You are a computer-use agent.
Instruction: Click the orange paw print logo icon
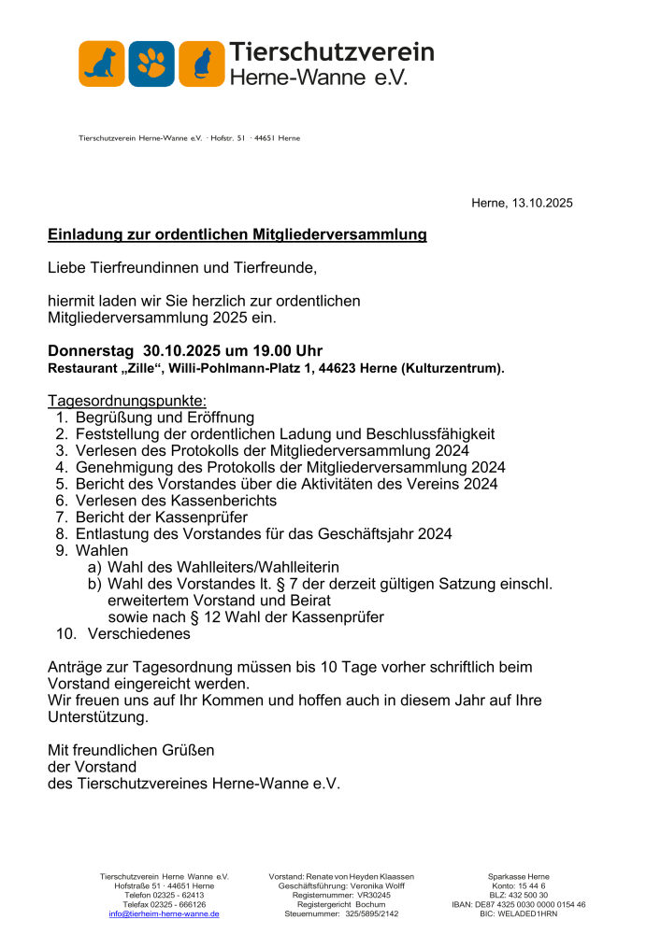pyautogui.click(x=151, y=64)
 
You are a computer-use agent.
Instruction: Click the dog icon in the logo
pyautogui.click(x=102, y=64)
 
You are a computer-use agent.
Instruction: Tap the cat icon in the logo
pyautogui.click(x=201, y=64)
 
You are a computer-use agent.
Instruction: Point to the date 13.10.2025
pyautogui.click(x=541, y=203)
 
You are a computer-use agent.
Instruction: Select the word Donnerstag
pyautogui.click(x=91, y=351)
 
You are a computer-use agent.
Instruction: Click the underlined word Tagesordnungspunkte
pyautogui.click(x=119, y=402)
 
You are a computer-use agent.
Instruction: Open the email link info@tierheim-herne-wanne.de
pyautogui.click(x=164, y=914)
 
